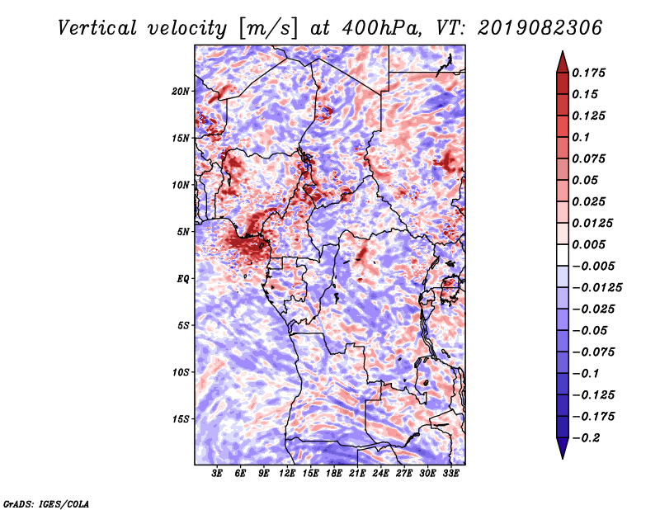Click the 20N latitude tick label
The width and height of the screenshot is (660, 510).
click(181, 91)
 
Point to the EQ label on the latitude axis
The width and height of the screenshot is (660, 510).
click(182, 279)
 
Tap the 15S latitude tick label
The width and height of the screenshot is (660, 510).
click(181, 419)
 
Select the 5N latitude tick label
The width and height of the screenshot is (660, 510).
click(183, 232)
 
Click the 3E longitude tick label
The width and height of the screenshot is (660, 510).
click(218, 474)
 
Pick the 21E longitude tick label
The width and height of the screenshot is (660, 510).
click(358, 474)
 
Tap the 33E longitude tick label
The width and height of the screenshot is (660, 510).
click(451, 474)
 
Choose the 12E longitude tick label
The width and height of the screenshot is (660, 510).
click(288, 474)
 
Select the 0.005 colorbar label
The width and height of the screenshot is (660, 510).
click(591, 244)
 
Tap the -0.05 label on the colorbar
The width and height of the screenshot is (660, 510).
click(590, 330)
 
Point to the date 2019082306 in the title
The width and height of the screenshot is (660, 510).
click(539, 27)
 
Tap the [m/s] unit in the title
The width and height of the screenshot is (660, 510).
click(266, 27)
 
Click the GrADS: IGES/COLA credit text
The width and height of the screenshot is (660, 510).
click(46, 503)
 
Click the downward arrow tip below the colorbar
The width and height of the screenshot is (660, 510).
click(562, 456)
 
